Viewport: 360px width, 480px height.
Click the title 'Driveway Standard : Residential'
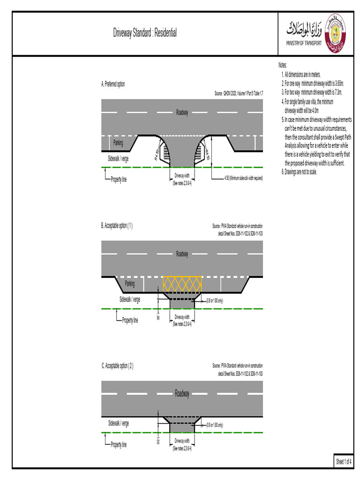click(145, 33)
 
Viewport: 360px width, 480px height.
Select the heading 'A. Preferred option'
click(113, 84)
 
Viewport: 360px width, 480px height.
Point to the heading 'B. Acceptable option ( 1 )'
click(117, 225)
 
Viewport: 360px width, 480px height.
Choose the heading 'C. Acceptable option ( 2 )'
click(118, 366)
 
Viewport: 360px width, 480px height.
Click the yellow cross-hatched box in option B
click(182, 284)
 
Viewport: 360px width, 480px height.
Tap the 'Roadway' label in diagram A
click(182, 112)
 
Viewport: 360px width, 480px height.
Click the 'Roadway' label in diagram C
click(182, 394)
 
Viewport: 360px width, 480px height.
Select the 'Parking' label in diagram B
click(130, 284)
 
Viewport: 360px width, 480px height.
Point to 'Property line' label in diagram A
click(119, 180)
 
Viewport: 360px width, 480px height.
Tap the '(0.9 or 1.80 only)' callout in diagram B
click(215, 300)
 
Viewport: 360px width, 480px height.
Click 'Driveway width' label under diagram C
click(182, 441)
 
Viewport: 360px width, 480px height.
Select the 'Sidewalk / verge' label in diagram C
click(119, 423)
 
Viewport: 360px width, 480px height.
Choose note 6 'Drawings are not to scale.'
click(300, 172)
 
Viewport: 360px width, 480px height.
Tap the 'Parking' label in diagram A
click(118, 142)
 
